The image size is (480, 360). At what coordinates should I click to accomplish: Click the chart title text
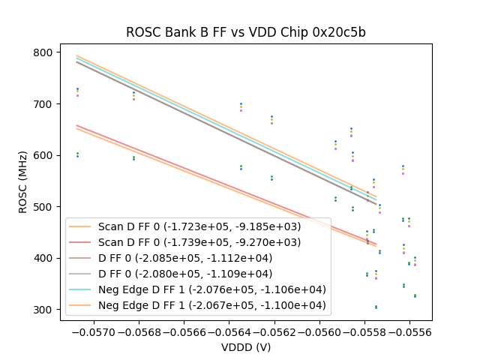(x=245, y=32)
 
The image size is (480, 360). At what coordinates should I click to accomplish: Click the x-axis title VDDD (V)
(x=245, y=347)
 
